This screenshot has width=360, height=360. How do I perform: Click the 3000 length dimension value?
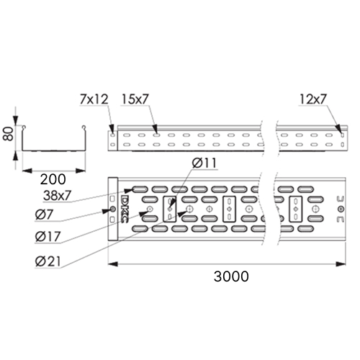tap(231, 276)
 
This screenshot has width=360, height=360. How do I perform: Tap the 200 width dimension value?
tap(53, 179)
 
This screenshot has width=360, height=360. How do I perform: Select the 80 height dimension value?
tap(8, 134)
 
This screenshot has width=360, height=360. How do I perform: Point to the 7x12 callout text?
tap(94, 99)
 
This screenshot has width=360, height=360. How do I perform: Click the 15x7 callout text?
tap(135, 99)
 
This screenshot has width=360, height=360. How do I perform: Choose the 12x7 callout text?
tap(313, 99)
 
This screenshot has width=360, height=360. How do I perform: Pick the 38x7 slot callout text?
tap(57, 196)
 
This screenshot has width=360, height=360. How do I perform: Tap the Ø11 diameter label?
tap(204, 163)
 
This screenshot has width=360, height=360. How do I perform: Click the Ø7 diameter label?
tap(44, 215)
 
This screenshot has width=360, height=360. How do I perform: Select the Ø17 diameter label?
tap(48, 237)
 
